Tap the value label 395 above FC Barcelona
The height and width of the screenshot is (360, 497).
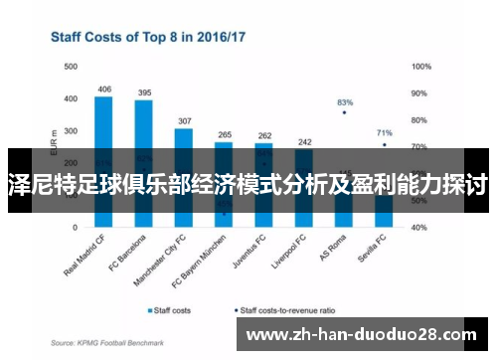[144, 92]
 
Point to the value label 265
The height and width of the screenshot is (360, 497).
[224, 134]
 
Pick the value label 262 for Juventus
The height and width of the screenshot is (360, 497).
[263, 135]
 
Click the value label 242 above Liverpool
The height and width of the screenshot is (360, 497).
[304, 141]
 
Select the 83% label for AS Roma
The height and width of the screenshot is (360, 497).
[345, 102]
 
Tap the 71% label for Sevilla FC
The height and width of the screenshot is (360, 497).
[385, 132]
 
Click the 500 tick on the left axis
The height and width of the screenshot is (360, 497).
[70, 67]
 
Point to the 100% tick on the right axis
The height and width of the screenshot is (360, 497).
[421, 67]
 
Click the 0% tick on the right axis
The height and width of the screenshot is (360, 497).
[418, 226]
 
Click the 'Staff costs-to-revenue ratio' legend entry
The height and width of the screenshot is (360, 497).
[287, 309]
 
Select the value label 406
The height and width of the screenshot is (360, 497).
[104, 89]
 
